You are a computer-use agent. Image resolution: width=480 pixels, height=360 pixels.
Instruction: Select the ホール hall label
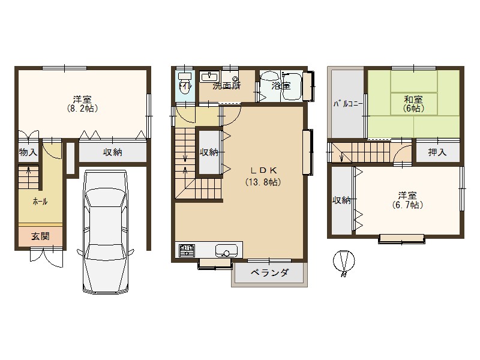click(x=40, y=202)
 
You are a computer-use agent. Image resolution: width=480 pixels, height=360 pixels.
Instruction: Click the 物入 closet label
click(x=28, y=152)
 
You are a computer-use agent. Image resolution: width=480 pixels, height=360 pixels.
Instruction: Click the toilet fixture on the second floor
click(x=184, y=81)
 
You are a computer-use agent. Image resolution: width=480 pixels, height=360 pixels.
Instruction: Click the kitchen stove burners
click(x=185, y=250)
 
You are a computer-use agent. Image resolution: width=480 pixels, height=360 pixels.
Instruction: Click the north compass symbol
click(x=344, y=262)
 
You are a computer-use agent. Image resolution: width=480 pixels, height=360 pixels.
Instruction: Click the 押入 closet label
click(x=437, y=152)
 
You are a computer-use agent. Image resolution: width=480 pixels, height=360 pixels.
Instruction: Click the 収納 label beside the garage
click(x=112, y=152)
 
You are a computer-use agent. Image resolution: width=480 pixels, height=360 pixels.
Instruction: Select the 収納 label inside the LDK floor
click(x=208, y=152)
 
